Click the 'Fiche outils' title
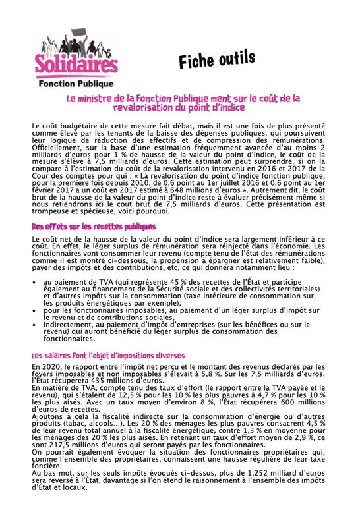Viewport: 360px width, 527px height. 216,60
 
